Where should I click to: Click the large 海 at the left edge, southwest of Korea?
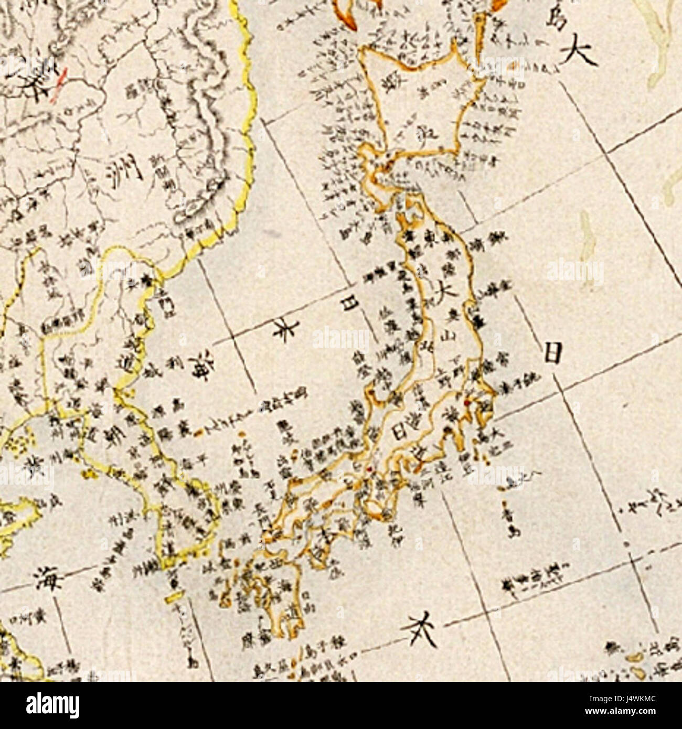(49, 578)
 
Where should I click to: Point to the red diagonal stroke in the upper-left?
(59, 84)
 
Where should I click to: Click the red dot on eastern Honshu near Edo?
(465, 403)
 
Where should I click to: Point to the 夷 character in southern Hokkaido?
(412, 132)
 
